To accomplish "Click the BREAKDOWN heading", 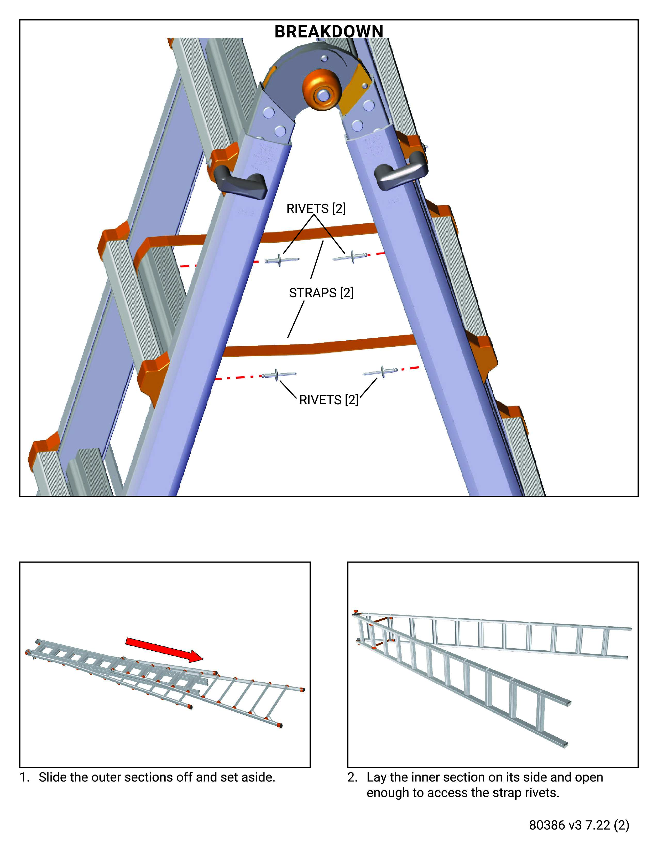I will [x=328, y=31].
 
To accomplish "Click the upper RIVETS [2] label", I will [x=316, y=209].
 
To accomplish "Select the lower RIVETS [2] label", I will [x=328, y=400].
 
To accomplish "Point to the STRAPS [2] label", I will [x=321, y=293].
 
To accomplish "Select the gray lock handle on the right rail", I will [x=402, y=173].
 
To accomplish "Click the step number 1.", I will [x=24, y=777].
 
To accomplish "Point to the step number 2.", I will [x=352, y=777].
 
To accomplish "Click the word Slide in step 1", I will [x=53, y=777].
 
